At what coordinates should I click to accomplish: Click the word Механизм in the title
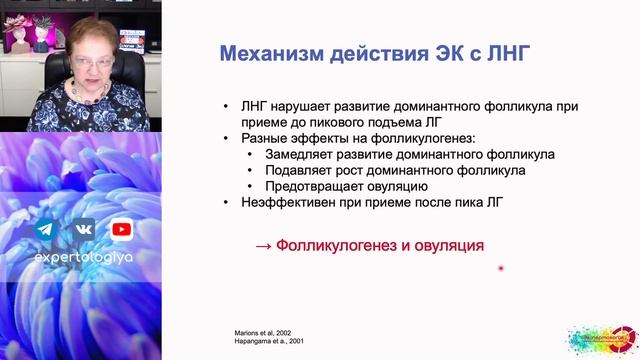263,53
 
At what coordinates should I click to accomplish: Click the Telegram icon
44,230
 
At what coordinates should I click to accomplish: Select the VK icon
82,230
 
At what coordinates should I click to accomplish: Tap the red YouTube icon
121,230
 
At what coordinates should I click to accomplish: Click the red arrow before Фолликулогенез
262,245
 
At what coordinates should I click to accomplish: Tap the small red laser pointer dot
500,268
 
